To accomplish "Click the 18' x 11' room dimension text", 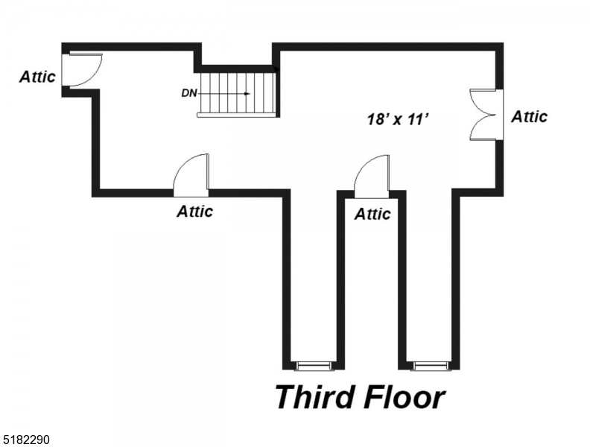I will (x=399, y=118).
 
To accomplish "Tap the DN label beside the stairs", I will (x=188, y=94).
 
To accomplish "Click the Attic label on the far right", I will (x=529, y=116).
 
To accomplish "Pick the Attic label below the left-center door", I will (x=194, y=212).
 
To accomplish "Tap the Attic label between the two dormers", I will (x=372, y=215).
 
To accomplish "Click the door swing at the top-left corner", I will (x=81, y=69).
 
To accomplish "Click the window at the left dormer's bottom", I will (x=314, y=365).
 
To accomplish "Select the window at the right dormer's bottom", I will (x=431, y=365).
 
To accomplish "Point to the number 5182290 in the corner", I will (x=25, y=440).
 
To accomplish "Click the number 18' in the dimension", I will (x=377, y=118).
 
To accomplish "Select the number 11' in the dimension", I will (x=419, y=118).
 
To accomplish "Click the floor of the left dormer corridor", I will (x=314, y=283).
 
